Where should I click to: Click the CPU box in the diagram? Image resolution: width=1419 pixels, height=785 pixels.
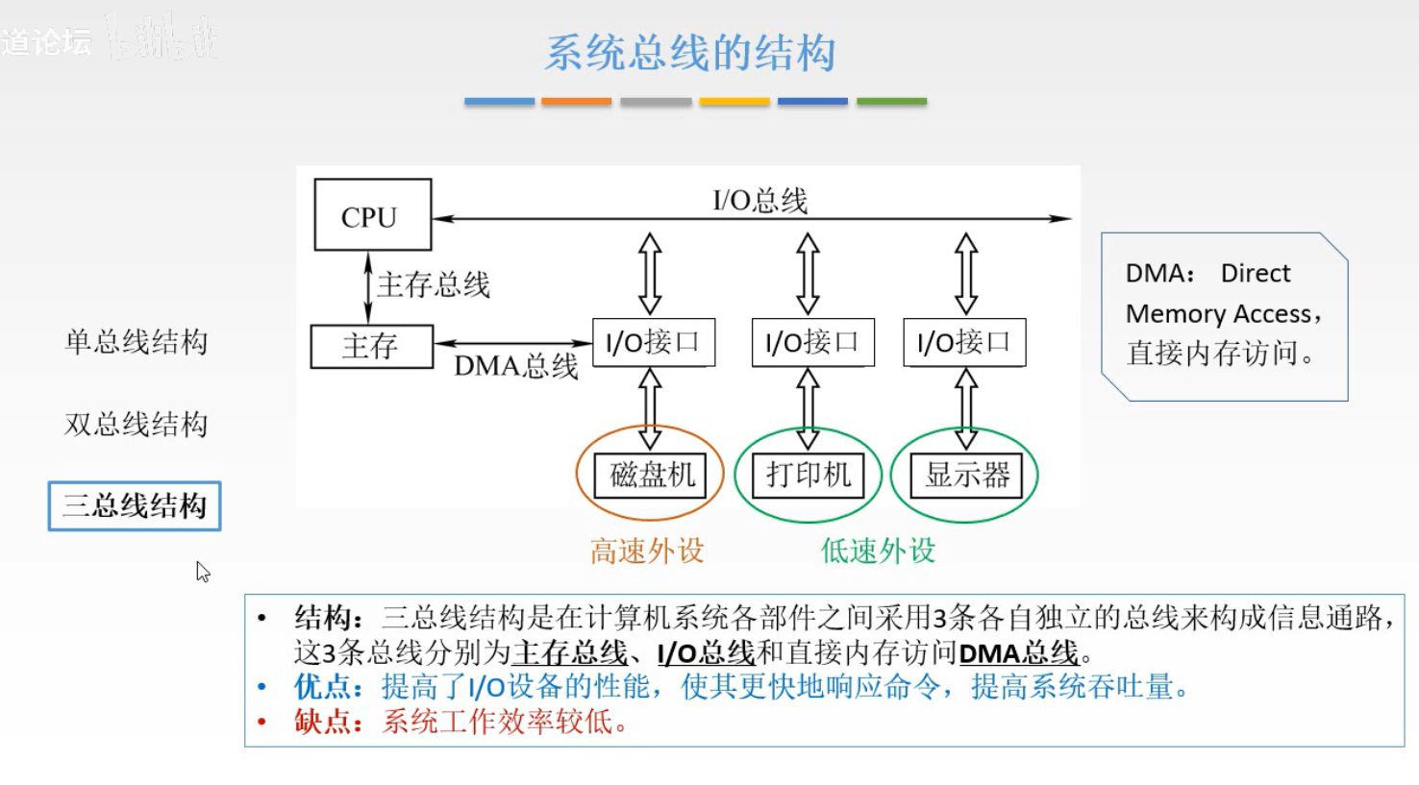[372, 215]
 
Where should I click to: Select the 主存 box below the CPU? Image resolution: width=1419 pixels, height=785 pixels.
[371, 346]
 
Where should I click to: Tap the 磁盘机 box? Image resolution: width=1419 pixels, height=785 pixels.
[651, 475]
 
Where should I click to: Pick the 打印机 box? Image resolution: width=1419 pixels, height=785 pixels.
[809, 475]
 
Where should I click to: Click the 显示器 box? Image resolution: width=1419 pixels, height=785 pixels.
[966, 475]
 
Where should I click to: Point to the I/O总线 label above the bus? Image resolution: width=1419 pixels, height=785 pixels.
[759, 200]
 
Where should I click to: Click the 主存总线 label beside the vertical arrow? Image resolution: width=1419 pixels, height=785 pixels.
[434, 284]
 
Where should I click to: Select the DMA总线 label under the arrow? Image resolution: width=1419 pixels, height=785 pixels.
[516, 366]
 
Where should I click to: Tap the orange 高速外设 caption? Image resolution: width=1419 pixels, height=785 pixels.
[647, 551]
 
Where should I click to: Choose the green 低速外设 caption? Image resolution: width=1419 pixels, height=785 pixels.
[878, 551]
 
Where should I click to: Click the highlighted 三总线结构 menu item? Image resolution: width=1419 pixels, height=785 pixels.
[135, 505]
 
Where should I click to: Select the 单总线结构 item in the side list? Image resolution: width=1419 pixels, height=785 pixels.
[136, 341]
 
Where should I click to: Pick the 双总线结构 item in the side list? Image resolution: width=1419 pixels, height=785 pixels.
[136, 424]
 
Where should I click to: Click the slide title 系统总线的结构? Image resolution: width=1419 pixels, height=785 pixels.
[690, 53]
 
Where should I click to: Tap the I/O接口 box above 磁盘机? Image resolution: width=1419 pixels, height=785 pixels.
[653, 342]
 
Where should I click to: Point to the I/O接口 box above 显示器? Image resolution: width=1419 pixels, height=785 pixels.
[964, 342]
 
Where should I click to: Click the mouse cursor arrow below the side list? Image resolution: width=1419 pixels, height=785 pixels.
[202, 572]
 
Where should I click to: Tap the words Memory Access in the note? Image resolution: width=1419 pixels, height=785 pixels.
[1218, 314]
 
